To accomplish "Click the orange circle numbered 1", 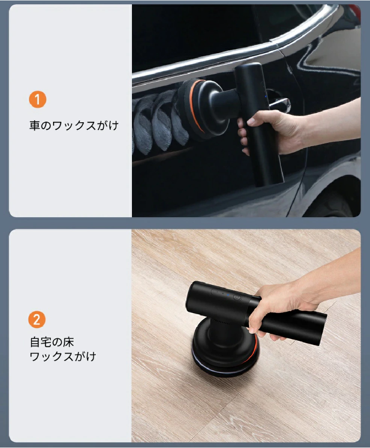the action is [38, 100].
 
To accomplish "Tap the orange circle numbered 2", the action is [37, 319].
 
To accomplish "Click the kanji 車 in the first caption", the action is [35, 126].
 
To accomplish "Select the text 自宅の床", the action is [52, 342].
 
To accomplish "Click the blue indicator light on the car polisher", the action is [266, 96].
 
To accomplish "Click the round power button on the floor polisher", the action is [237, 298].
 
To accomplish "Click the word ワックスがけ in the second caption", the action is [63, 356].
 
